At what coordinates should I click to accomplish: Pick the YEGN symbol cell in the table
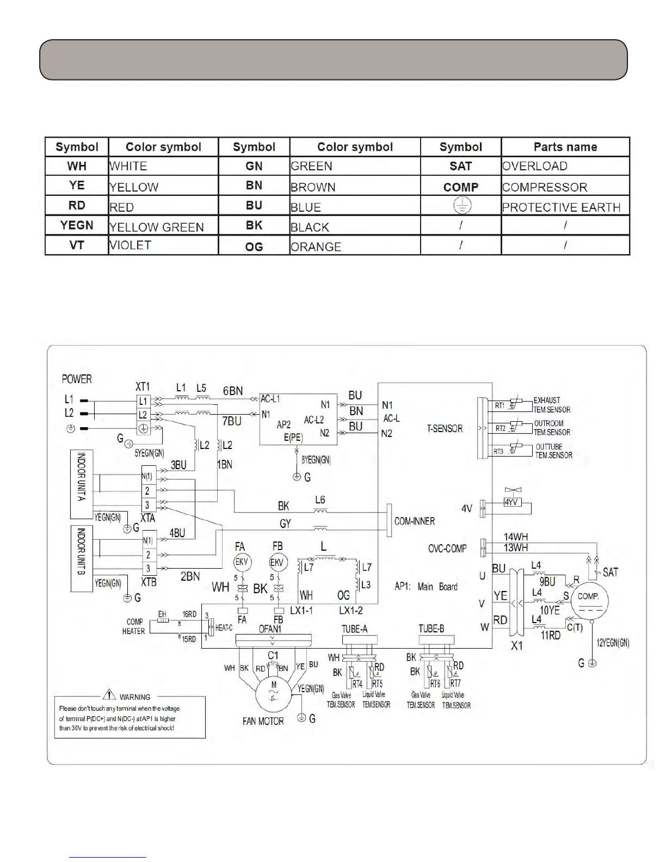[77, 225]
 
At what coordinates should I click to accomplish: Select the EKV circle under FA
[241, 562]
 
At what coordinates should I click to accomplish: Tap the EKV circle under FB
[278, 562]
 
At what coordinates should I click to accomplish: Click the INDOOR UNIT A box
[82, 484]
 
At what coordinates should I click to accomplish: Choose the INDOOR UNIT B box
[82, 558]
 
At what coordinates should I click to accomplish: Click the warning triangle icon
[109, 695]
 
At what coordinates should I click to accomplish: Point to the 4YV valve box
[511, 503]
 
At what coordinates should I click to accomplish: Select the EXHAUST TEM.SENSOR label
[551, 405]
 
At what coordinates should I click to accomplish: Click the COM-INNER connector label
[415, 521]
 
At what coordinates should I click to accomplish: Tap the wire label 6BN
[233, 391]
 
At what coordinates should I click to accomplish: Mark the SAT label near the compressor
[610, 572]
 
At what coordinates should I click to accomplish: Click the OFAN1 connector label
[270, 629]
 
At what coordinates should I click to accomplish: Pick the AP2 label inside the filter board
[283, 424]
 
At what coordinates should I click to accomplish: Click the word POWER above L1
[77, 379]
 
